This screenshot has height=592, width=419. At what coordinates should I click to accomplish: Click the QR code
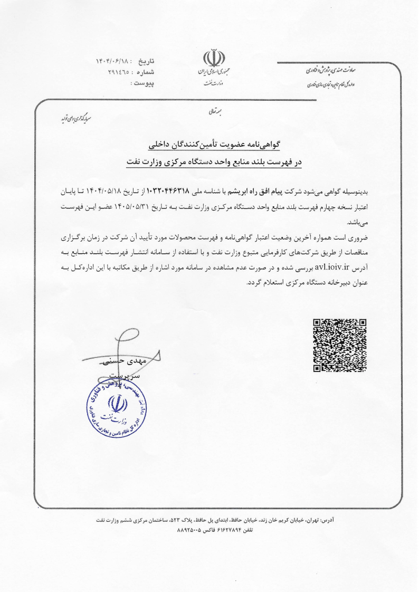click(x=340, y=345)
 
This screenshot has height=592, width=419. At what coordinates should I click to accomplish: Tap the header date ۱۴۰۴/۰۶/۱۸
click(x=117, y=61)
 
